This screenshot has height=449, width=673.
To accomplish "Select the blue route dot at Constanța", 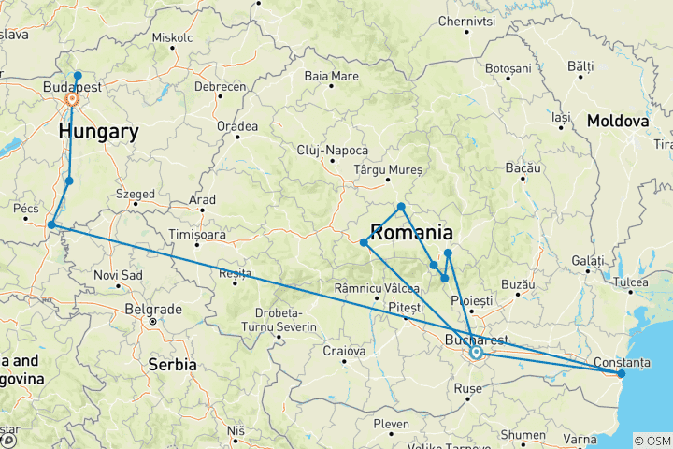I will point(622,373).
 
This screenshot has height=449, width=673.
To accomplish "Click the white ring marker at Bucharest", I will point(476,353).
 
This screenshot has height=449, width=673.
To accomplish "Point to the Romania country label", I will point(414,232).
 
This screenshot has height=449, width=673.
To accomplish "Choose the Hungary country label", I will point(98,132).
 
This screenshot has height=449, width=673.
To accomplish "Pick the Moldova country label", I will point(618,122).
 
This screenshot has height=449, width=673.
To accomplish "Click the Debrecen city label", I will point(219,86).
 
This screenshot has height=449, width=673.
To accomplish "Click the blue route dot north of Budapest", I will point(78,76).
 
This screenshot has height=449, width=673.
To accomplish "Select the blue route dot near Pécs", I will point(51,224).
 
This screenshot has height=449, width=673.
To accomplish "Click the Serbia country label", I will point(172,364).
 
